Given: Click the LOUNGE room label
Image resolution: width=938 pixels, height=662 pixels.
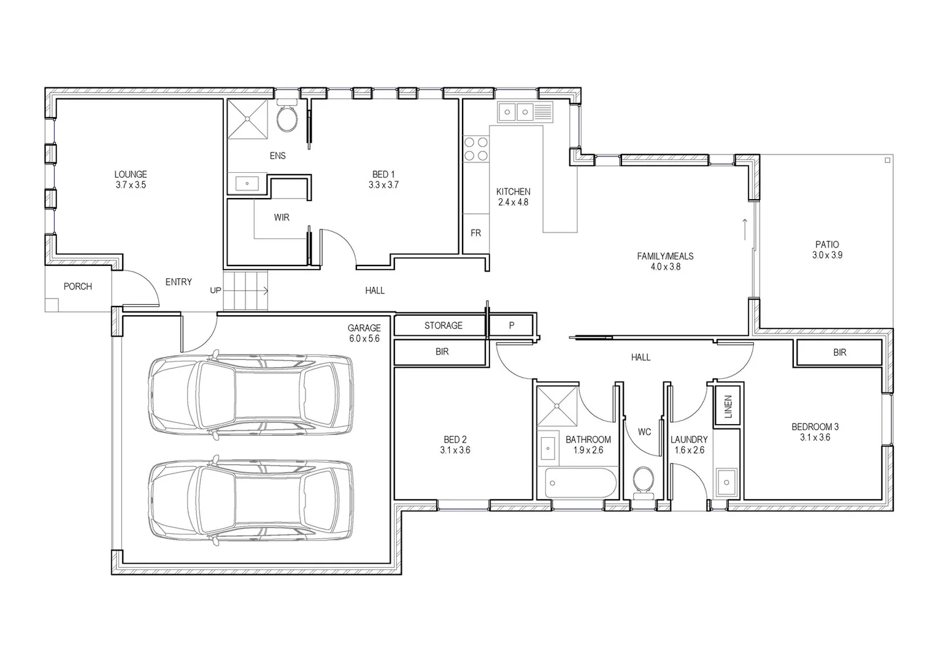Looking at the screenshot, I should pyautogui.click(x=131, y=175).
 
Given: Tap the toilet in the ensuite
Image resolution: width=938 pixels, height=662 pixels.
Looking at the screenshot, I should pyautogui.click(x=286, y=118).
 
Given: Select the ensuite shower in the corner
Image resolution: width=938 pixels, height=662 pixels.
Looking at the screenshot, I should pyautogui.click(x=248, y=119).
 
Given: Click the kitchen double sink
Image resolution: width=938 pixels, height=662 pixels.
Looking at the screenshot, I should pyautogui.click(x=516, y=112).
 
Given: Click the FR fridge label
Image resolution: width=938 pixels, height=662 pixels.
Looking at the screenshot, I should pyautogui.click(x=476, y=233).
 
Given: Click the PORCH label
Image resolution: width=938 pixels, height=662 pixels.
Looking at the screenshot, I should pyautogui.click(x=78, y=286).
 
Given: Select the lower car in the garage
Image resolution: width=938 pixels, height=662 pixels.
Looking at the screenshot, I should pyautogui.click(x=250, y=501).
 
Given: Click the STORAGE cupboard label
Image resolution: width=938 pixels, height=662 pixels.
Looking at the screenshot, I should pyautogui.click(x=443, y=325).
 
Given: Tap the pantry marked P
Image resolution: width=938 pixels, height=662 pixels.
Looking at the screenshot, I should pyautogui.click(x=512, y=325).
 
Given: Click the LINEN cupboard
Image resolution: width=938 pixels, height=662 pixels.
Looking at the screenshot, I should pyautogui.click(x=728, y=406).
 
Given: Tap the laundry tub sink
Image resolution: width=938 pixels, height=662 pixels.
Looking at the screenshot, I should pyautogui.click(x=728, y=481).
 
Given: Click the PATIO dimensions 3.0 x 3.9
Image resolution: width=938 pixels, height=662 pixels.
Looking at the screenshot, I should pyautogui.click(x=827, y=255).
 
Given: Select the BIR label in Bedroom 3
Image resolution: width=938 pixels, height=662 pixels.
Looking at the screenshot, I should pyautogui.click(x=839, y=352).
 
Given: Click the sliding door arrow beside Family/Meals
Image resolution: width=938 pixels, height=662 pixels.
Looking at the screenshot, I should pyautogui.click(x=745, y=229).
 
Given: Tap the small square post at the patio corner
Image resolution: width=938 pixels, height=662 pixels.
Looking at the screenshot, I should pyautogui.click(x=888, y=160).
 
